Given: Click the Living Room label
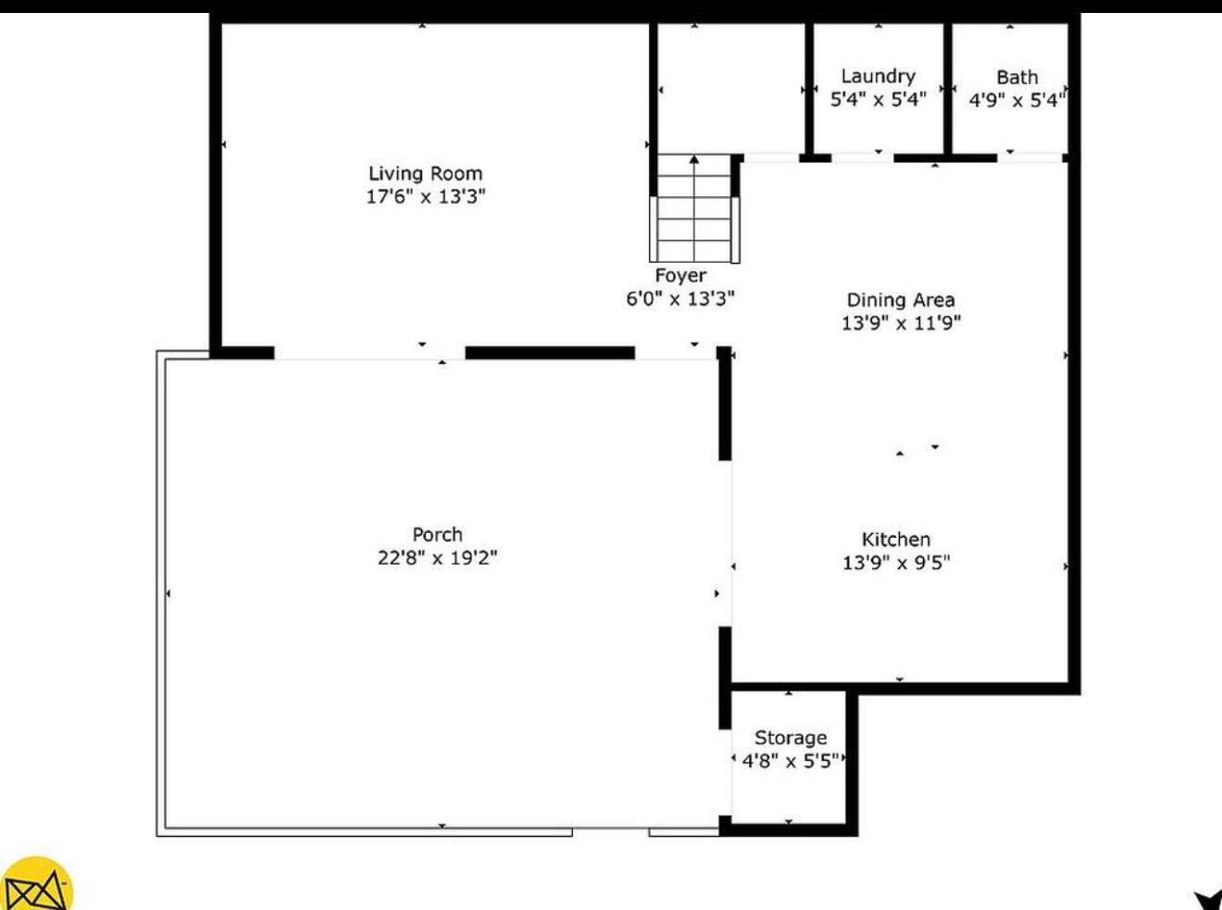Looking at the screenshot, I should (425, 173).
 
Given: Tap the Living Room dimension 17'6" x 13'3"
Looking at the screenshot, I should (425, 196).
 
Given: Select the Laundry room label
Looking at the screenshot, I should (878, 76).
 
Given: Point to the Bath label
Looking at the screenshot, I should (1016, 77).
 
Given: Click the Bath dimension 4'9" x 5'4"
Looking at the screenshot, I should (1016, 100).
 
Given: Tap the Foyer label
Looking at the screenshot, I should (680, 275).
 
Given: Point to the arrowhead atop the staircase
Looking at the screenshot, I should (694, 160).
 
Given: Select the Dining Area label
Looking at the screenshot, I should (900, 300).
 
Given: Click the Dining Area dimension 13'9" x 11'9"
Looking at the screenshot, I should (900, 323).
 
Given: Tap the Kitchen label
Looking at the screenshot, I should (895, 539).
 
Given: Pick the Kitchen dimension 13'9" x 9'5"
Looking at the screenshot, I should (895, 562).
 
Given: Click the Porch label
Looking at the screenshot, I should (437, 534).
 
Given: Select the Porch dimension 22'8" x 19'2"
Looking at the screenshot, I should (437, 557).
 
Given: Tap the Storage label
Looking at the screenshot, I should (790, 738).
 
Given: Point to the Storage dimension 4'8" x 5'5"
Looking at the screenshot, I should (790, 761).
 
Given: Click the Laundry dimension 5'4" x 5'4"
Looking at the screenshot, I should (878, 99).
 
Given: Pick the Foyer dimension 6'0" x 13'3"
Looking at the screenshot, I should (680, 298).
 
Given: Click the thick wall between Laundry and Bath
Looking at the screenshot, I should (948, 88).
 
